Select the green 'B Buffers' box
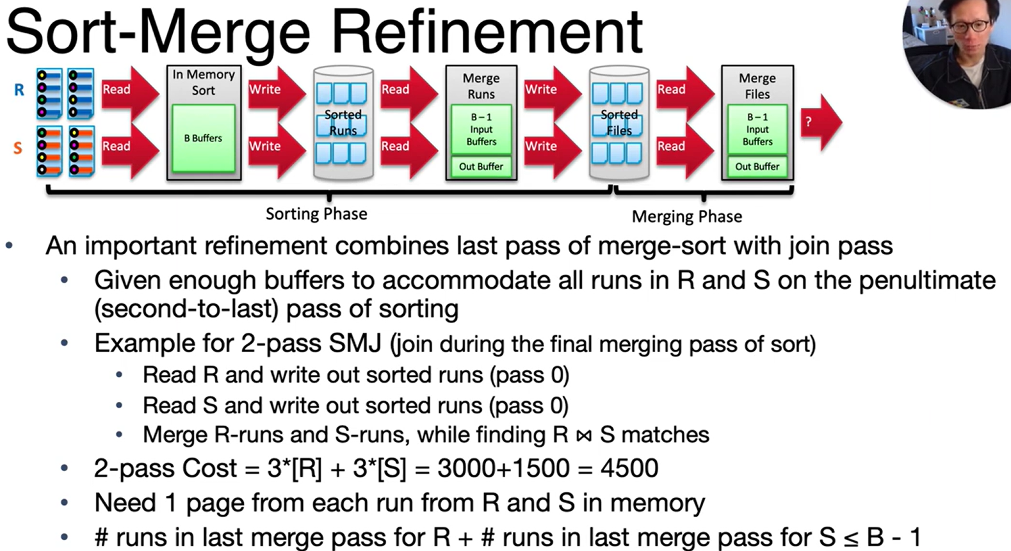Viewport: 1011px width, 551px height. pyautogui.click(x=203, y=138)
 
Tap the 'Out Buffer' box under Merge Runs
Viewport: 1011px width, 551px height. pyautogui.click(x=481, y=166)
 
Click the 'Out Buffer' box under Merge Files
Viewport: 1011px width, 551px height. pyautogui.click(x=757, y=166)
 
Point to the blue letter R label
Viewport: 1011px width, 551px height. pyautogui.click(x=19, y=90)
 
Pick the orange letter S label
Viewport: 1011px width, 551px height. pyautogui.click(x=18, y=148)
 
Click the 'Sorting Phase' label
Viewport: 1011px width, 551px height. pyautogui.click(x=316, y=214)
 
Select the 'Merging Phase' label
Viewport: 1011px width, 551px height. pyautogui.click(x=686, y=217)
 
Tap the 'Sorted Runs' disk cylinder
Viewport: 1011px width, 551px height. pyautogui.click(x=343, y=122)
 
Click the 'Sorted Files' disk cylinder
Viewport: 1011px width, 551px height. pyautogui.click(x=619, y=122)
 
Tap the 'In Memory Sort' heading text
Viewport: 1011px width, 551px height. pyautogui.click(x=204, y=83)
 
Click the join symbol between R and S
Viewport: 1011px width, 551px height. pyautogui.click(x=583, y=436)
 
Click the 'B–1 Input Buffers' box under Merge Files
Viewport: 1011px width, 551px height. pyautogui.click(x=757, y=129)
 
